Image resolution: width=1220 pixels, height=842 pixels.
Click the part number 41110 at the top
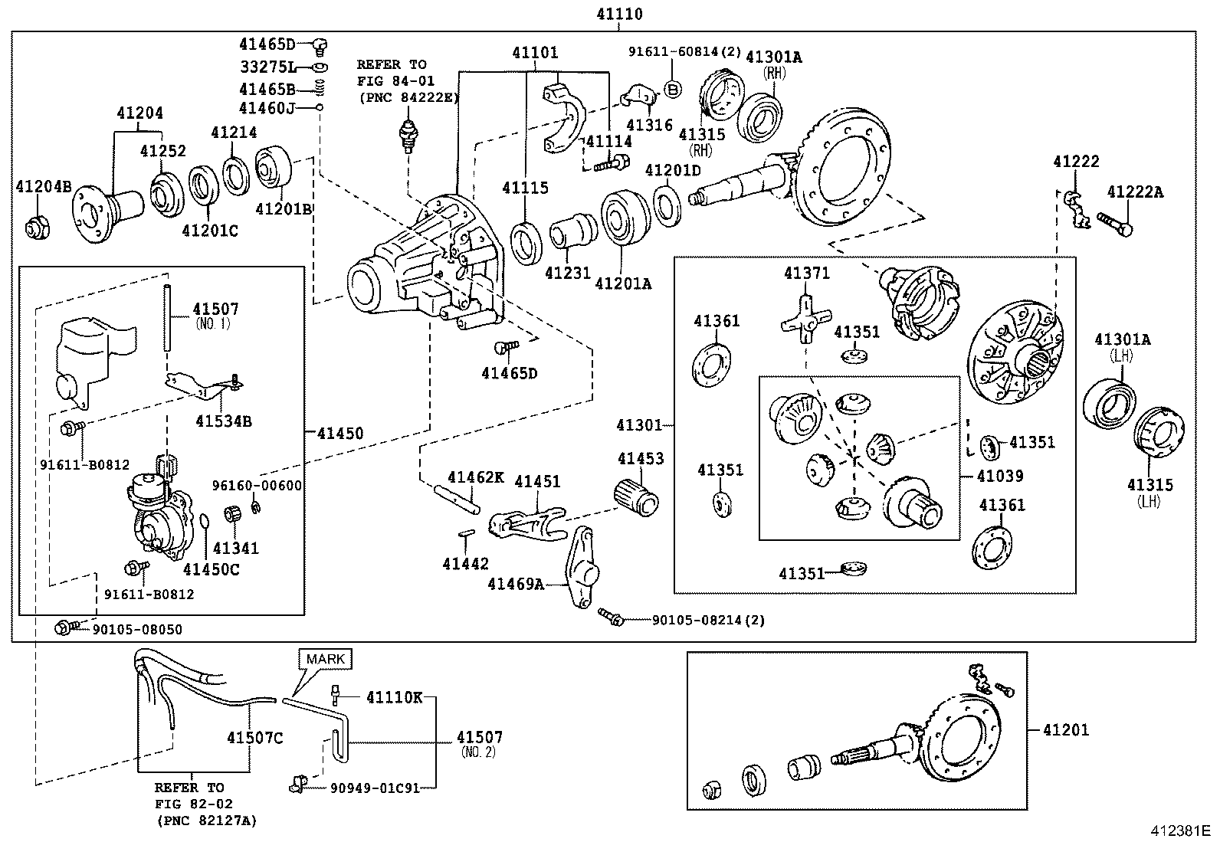point(619,14)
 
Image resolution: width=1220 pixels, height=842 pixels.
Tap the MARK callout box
point(325,659)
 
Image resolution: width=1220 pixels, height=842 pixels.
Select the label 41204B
point(44,187)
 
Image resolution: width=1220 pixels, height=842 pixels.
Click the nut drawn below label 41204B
point(38,227)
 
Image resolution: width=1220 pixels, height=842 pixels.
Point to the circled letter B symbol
point(673,89)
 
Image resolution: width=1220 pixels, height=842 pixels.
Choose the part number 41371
point(807,273)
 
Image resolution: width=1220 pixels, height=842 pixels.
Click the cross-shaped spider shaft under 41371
point(806,319)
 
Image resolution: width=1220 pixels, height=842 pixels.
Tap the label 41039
point(1000,476)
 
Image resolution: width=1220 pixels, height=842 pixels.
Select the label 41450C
point(211,570)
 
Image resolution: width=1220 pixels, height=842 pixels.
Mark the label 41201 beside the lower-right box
point(1066,730)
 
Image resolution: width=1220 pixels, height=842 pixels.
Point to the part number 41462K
point(476,477)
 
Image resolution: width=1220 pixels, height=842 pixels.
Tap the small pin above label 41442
point(466,533)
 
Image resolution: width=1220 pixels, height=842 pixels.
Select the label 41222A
point(1135,192)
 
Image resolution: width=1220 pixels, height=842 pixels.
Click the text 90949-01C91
point(375,788)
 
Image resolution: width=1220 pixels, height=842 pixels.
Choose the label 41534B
point(224,421)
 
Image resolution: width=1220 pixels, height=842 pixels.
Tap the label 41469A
point(516,585)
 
